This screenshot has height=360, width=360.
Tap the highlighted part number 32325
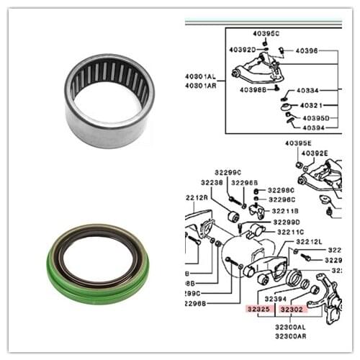point(259,309)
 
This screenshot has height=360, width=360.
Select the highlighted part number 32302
point(292,309)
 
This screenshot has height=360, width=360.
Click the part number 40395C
point(266,34)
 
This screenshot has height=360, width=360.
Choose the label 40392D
point(243,50)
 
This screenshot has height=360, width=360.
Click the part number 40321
point(310,105)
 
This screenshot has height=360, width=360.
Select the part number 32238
point(203,183)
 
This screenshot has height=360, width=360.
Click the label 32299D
point(287,222)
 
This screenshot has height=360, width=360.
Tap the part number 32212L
point(309,242)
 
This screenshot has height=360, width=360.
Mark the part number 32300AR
point(290,336)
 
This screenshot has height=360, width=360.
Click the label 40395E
point(298,143)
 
